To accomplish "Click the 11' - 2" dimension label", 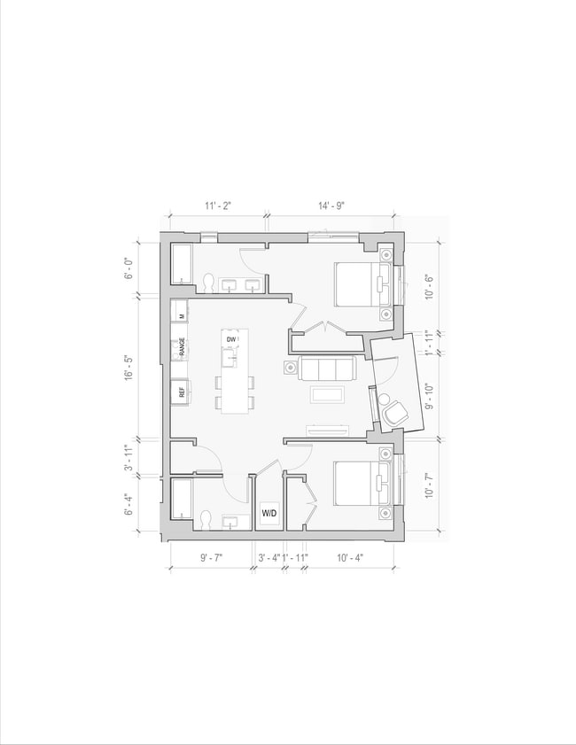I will tap(218, 206).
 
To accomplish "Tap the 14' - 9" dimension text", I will tap(331, 206).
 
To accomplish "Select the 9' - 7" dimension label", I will tap(212, 557).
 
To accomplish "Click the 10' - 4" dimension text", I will tap(350, 557).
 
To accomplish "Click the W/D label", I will tap(268, 513).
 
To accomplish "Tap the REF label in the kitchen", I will tap(181, 392).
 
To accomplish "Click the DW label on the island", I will tap(231, 340).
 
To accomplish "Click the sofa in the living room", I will tap(327, 368).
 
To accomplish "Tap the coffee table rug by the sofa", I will tap(327, 394).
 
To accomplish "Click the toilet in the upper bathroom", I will tap(209, 283).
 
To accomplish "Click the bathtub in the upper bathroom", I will tap(183, 264).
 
